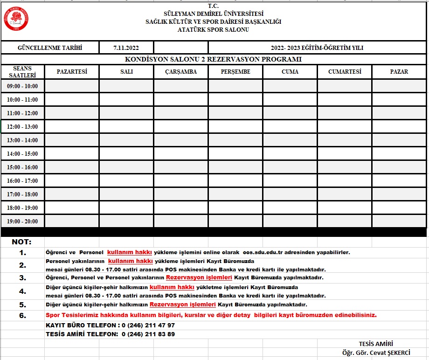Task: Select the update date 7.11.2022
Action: (x=126, y=48)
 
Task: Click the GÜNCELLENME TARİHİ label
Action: (x=50, y=48)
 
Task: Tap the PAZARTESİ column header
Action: (x=72, y=72)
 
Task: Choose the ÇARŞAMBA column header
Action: (x=181, y=72)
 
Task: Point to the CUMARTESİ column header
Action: (x=345, y=72)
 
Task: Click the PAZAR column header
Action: (x=399, y=72)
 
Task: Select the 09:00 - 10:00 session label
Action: (x=22, y=86)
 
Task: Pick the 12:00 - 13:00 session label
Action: (x=22, y=127)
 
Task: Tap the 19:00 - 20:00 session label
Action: (x=22, y=222)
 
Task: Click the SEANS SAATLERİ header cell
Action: (x=22, y=72)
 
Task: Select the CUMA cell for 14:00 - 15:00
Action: (x=290, y=154)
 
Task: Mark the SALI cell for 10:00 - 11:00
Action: (x=126, y=100)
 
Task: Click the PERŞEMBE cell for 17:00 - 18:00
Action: (x=235, y=194)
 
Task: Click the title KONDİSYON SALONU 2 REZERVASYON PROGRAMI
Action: (x=213, y=59)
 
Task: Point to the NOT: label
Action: (x=21, y=242)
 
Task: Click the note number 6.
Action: (x=22, y=315)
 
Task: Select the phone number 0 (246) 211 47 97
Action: (x=148, y=325)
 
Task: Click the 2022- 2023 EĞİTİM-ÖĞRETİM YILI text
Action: (x=317, y=48)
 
